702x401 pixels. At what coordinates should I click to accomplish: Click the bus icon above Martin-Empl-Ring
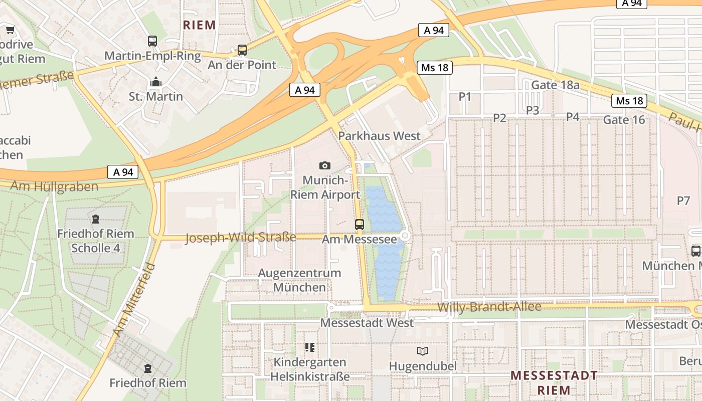(152, 41)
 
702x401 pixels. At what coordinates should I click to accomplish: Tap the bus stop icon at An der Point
(242, 50)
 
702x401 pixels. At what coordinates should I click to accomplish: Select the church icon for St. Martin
(156, 82)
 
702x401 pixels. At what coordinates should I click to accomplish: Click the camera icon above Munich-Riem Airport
(325, 165)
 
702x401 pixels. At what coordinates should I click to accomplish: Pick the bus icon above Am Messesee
(360, 225)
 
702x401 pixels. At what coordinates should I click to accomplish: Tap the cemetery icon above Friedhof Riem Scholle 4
(95, 219)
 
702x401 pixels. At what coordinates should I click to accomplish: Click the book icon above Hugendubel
(423, 351)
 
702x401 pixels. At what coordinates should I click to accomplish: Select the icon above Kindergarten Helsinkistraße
(309, 347)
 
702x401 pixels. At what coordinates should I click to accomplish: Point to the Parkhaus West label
(379, 136)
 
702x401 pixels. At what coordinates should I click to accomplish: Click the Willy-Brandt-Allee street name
(489, 307)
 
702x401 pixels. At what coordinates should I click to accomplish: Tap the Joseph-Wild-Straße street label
(241, 237)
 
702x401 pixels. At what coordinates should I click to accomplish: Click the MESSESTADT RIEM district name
(554, 382)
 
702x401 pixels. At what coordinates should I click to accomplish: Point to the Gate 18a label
(555, 85)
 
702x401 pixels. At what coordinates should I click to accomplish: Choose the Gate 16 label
(624, 120)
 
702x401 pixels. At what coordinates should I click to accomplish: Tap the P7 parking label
(683, 201)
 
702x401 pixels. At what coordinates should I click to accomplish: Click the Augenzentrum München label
(299, 280)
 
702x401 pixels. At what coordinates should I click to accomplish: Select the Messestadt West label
(367, 323)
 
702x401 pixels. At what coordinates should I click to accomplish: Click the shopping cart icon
(10, 30)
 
